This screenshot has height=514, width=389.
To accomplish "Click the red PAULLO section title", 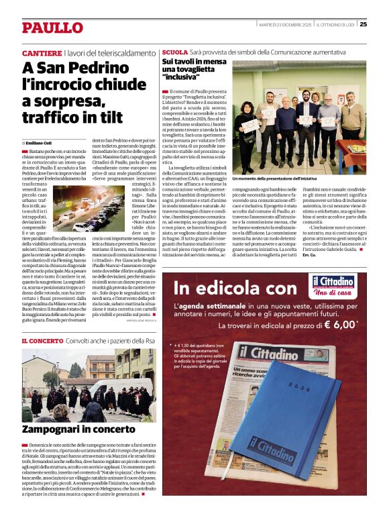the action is click(52, 28).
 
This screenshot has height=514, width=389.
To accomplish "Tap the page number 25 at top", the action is click(363, 24).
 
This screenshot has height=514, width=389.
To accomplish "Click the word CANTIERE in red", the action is click(42, 52).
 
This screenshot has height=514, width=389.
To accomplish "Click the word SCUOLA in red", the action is click(175, 52).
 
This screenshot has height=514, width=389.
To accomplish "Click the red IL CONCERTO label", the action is click(43, 341).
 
